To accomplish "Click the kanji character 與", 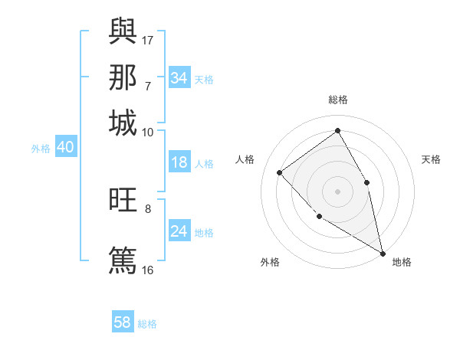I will coord(123,31).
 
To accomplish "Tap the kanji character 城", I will coord(123,123).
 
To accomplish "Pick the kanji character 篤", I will coord(123,259).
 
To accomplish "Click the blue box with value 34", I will coord(179,78).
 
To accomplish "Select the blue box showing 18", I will coord(179,162).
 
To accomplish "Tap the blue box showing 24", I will coord(179,231).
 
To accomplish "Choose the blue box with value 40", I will coord(65,148).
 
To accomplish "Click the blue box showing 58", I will coord(123,322).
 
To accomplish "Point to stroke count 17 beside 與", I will coord(148,40).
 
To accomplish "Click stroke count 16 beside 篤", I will coord(148,270).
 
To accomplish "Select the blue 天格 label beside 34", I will coord(204,79).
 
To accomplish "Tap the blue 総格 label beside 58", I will coord(147,324).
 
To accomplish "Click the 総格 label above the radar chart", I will coord(337,100).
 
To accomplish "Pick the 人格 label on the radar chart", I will coord(245,159).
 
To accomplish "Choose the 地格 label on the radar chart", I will coord(402,262).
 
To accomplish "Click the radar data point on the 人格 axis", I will coord(280,172).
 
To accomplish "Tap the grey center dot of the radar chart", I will coord(337,191).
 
